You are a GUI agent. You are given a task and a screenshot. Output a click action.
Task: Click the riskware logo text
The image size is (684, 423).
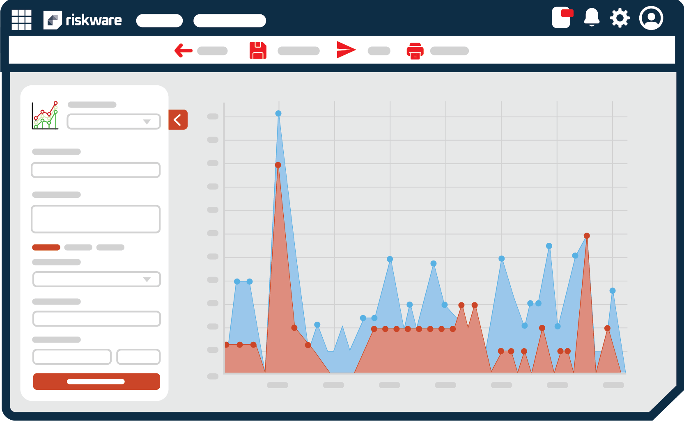coord(94,20)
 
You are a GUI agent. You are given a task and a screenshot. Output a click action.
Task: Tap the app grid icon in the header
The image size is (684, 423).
coord(21,20)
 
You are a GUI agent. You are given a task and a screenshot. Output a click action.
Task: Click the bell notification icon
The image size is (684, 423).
coord(592,18)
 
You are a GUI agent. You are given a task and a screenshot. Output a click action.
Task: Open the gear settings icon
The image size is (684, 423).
coord(620,18)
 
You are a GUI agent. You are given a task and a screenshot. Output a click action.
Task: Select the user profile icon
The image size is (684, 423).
coord(651,18)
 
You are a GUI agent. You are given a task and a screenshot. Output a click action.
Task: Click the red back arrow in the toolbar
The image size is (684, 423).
coord(183,50)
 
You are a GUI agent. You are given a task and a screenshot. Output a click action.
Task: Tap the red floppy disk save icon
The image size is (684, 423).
coord(258,50)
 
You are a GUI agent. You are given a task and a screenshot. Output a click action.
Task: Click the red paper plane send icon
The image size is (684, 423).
coord(346,50)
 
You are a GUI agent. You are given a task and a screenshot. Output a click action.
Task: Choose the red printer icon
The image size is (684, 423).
coord(415,51)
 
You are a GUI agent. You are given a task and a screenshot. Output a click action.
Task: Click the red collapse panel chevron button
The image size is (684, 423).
coord(178,120)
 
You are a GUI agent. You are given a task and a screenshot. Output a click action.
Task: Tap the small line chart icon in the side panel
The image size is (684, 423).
coord(45,115)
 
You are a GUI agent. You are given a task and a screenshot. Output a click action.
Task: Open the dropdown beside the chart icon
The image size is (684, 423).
coord(114,122)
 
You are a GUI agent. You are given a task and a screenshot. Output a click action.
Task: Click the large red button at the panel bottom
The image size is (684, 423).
coord(96,382)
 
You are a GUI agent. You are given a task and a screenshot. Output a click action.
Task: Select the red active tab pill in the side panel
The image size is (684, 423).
coord(46,247)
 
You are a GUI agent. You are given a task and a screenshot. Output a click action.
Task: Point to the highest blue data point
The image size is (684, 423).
coord(278,114)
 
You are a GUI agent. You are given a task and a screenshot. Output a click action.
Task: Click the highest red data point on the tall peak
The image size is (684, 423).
coord(278,165)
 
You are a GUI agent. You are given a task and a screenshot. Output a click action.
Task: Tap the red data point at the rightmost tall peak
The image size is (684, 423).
coord(587,236)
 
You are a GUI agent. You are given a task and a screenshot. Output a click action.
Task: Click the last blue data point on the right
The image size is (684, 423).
coord(613,290)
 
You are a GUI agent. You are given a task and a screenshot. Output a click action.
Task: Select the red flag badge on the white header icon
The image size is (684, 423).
coord(567,13)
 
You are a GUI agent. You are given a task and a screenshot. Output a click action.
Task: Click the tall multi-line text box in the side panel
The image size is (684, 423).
coord(96,219)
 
